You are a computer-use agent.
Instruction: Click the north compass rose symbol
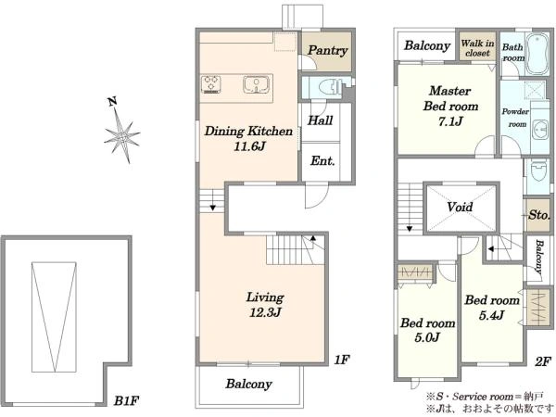click(x=121, y=134)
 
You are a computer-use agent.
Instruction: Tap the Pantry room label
click(x=327, y=51)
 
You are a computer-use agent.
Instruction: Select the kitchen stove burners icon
click(x=211, y=84)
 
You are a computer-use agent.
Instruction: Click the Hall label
click(x=321, y=120)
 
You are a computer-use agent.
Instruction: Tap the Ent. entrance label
click(x=322, y=161)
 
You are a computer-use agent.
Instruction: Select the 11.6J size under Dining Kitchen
click(x=249, y=146)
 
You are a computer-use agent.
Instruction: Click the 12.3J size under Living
click(x=265, y=312)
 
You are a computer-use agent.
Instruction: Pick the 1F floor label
click(x=342, y=360)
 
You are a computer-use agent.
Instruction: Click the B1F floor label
click(x=126, y=401)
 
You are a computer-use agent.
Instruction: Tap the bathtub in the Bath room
click(x=537, y=54)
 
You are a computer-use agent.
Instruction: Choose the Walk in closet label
click(x=477, y=48)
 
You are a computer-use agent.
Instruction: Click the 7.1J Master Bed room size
click(x=450, y=121)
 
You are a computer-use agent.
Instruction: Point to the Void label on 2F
click(x=460, y=207)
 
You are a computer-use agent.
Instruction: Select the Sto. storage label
click(x=538, y=215)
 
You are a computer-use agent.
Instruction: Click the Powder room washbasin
click(x=541, y=130)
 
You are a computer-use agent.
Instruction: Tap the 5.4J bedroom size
click(x=492, y=315)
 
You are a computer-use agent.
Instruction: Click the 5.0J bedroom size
click(x=427, y=337)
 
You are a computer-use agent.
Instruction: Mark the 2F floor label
click(x=543, y=361)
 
